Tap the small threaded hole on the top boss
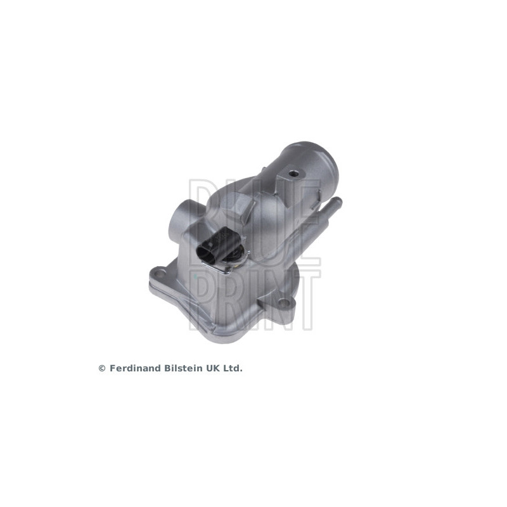point(295,173)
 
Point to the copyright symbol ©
point(101,368)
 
